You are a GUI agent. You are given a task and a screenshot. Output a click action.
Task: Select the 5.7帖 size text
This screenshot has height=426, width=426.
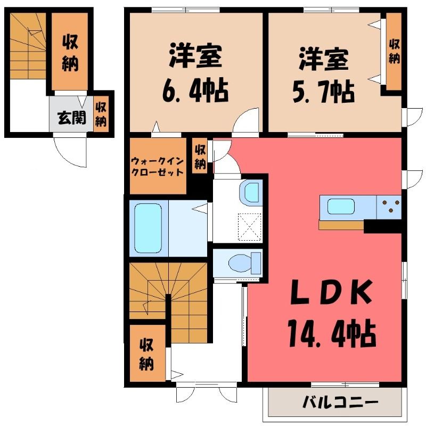click(x=324, y=91)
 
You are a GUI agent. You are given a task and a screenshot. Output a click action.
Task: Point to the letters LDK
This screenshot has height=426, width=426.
click(x=331, y=292)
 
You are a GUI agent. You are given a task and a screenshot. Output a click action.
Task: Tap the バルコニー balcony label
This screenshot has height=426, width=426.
click(x=341, y=403)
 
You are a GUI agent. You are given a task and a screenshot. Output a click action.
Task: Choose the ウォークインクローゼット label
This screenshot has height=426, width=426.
click(x=157, y=167)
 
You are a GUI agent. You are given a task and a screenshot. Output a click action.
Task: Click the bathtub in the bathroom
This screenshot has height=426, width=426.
click(x=148, y=228)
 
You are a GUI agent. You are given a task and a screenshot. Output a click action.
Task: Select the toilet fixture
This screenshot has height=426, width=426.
click(x=245, y=263)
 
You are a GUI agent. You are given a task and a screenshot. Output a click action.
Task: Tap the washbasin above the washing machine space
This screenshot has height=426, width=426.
click(x=251, y=192)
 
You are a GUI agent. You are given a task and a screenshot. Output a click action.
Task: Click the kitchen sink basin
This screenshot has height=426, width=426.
click(x=341, y=206)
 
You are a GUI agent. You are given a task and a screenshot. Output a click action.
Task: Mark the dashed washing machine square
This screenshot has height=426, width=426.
click(x=250, y=227)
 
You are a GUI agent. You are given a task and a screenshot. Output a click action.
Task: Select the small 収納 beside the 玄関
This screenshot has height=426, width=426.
click(x=101, y=114)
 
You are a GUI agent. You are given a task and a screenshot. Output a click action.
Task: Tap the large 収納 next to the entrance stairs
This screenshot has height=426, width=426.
click(x=70, y=52)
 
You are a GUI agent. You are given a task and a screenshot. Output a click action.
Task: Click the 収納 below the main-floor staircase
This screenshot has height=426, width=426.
click(x=148, y=353)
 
